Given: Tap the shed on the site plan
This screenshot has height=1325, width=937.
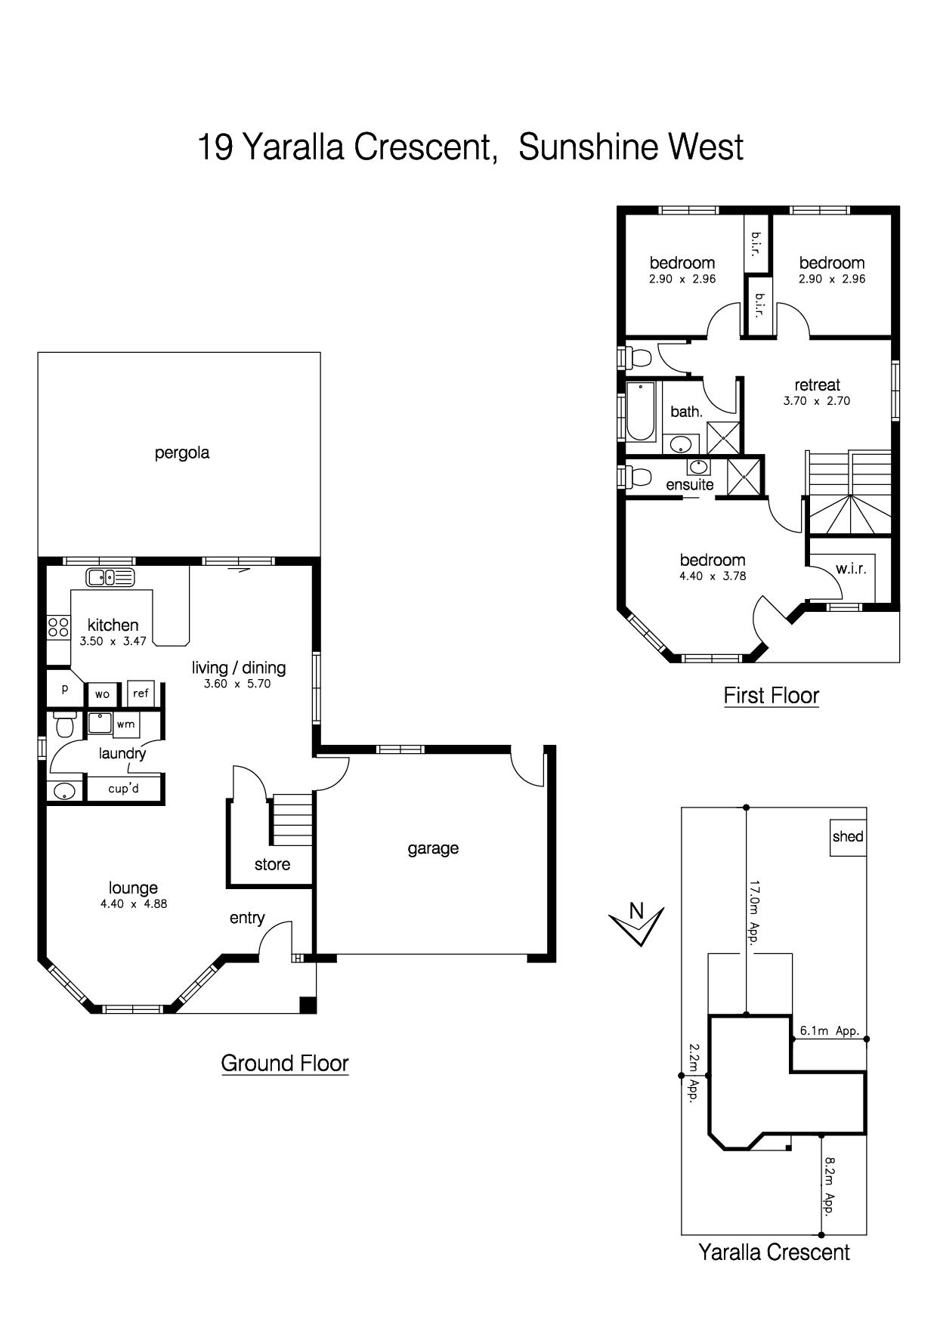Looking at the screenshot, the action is click(x=848, y=837).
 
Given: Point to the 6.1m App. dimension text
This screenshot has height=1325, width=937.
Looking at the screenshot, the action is click(x=830, y=1030).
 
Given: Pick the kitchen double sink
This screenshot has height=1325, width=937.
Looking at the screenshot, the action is click(x=110, y=578).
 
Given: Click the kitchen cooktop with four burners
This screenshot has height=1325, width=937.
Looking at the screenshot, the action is click(x=58, y=628).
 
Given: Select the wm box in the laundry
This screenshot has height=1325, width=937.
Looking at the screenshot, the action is click(x=125, y=724).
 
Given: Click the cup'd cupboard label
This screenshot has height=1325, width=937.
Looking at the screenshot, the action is click(x=124, y=789).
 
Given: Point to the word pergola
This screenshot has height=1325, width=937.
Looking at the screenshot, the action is click(x=182, y=453).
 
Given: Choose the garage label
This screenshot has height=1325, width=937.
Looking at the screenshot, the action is click(x=433, y=848).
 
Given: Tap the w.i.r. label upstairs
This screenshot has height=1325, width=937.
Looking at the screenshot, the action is click(x=851, y=569).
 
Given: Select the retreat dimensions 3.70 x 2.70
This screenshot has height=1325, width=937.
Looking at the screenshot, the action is click(x=817, y=401).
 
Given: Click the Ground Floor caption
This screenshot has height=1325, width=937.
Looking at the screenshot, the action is click(x=285, y=1063).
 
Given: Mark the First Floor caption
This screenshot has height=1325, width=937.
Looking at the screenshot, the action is click(x=772, y=695).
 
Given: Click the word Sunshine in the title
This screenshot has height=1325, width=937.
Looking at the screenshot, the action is click(x=584, y=147).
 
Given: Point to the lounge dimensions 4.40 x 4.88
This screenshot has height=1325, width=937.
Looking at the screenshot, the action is click(x=134, y=903).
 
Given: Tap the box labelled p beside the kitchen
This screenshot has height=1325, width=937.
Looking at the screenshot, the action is click(x=66, y=688).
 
